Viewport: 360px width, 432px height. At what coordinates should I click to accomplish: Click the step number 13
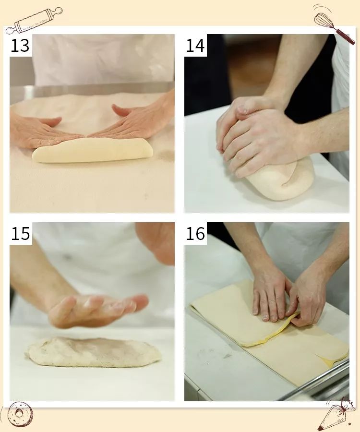click(x=20, y=46)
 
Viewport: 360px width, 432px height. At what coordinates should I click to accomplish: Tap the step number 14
click(x=195, y=46)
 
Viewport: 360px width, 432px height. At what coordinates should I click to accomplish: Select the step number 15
click(x=20, y=234)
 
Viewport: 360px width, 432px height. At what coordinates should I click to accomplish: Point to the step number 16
click(x=195, y=234)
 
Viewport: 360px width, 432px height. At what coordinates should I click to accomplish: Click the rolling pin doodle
click(x=34, y=20)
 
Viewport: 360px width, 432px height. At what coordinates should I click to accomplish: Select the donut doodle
click(x=20, y=414)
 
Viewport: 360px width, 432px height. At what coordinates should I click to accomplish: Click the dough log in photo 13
click(x=92, y=150)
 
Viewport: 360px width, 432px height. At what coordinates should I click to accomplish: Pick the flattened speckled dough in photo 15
click(x=93, y=352)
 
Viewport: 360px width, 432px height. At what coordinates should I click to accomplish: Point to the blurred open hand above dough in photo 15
click(x=98, y=310)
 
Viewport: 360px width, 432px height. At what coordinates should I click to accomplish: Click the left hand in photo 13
click(x=41, y=132)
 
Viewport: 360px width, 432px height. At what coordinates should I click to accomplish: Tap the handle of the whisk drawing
click(x=345, y=36)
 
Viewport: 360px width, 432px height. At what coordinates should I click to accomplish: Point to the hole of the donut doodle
click(x=19, y=413)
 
